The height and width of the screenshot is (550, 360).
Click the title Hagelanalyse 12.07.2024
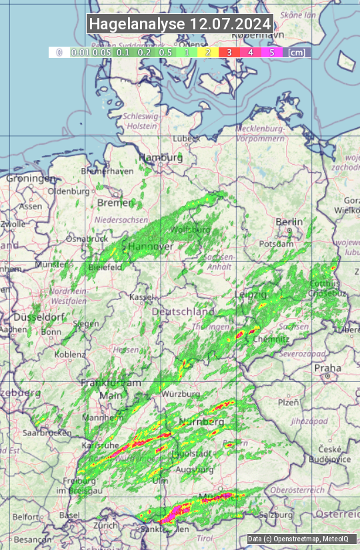click(x=180, y=24)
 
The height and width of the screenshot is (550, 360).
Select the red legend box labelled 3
click(x=229, y=52)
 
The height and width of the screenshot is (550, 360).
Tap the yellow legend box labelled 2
click(x=208, y=52)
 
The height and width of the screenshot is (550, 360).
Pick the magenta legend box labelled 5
click(x=271, y=52)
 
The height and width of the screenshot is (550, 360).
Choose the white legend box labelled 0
click(x=59, y=52)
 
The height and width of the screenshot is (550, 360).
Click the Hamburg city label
click(x=161, y=158)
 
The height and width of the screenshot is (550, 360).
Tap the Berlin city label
click(x=289, y=222)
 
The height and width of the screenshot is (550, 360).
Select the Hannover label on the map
click(x=151, y=247)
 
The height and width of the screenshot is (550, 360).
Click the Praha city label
click(x=327, y=368)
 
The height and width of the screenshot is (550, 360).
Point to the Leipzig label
click(x=251, y=294)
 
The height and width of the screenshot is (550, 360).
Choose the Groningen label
click(x=31, y=179)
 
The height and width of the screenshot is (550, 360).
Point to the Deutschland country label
click(x=183, y=312)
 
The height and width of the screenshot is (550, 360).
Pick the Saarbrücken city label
click(x=47, y=433)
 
